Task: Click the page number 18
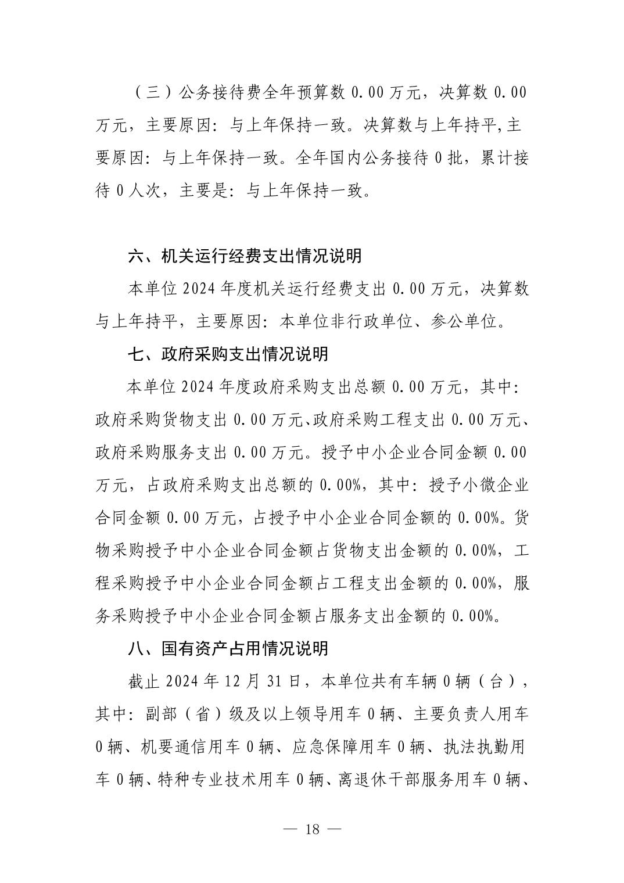312,829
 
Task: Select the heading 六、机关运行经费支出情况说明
245,256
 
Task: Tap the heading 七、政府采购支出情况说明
228,354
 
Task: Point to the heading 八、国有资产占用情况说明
228,648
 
